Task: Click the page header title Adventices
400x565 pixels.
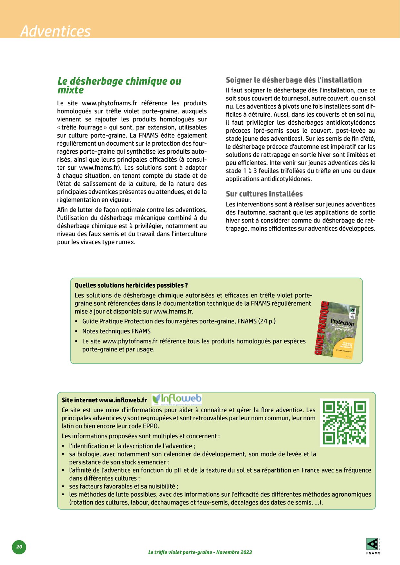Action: (x=55, y=31)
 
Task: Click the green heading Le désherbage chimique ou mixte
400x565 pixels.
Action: (x=119, y=85)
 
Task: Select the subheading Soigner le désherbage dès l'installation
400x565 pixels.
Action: (x=294, y=80)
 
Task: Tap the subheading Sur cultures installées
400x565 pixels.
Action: (x=264, y=194)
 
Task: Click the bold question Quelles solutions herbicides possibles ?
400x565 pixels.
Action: (x=131, y=285)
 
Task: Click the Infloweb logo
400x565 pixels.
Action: (x=177, y=399)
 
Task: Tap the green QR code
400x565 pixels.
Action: (x=345, y=422)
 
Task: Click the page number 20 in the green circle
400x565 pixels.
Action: (x=19, y=547)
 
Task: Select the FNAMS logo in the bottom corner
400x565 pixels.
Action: (x=373, y=546)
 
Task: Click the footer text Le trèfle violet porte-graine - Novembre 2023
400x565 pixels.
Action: (x=200, y=552)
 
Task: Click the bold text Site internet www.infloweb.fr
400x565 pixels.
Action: (x=104, y=400)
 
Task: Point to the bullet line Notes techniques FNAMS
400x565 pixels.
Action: (x=116, y=331)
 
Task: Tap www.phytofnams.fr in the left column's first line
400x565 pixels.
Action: (x=109, y=103)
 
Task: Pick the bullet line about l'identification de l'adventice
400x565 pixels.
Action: (x=132, y=446)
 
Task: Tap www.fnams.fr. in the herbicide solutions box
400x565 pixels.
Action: (x=173, y=311)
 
